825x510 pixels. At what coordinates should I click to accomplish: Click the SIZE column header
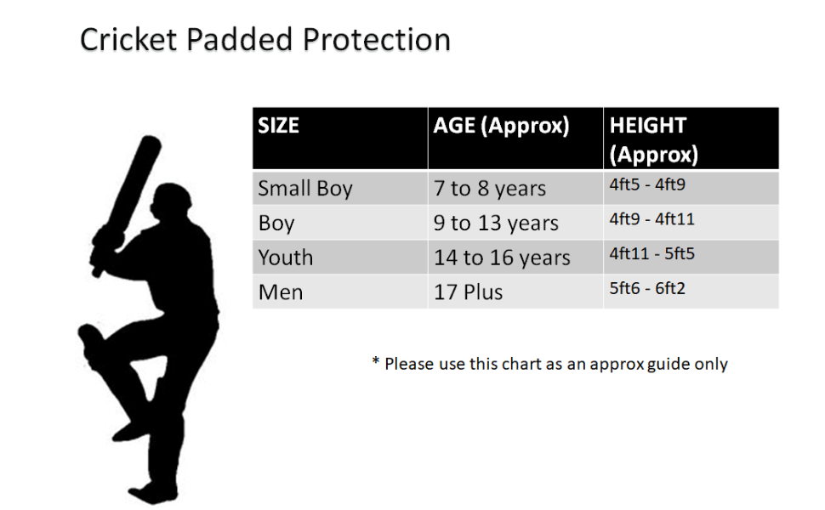(279, 127)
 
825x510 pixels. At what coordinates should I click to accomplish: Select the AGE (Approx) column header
(501, 127)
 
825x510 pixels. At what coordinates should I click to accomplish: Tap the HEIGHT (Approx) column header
(653, 140)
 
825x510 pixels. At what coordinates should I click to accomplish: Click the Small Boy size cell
(304, 189)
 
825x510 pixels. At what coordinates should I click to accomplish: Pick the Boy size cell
(276, 224)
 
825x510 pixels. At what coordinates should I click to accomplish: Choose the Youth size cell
(286, 258)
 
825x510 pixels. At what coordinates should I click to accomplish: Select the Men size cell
(281, 292)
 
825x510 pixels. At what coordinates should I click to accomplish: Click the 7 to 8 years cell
(490, 189)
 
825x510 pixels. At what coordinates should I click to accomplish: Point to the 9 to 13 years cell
(496, 224)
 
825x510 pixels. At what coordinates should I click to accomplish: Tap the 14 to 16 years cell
(502, 258)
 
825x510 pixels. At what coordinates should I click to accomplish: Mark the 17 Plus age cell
(469, 292)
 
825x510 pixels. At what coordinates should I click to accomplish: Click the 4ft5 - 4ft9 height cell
(647, 184)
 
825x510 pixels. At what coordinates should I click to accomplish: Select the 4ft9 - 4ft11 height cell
(652, 219)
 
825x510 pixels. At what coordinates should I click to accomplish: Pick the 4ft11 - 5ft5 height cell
(652, 253)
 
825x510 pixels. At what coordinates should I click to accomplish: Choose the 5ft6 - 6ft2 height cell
(647, 288)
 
